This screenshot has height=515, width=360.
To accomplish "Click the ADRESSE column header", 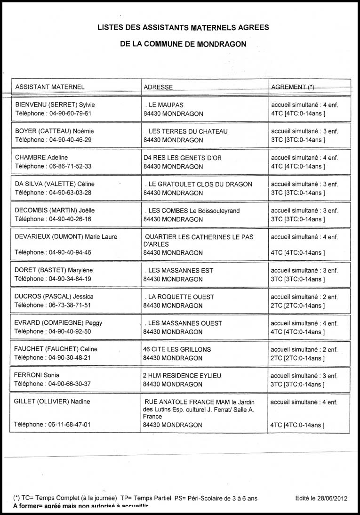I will pos(158,87).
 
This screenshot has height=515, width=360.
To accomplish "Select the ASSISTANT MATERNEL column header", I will pos(50,87).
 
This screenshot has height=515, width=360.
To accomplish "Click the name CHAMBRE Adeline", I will pos(41,158).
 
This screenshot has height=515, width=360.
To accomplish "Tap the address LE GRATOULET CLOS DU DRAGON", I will pos(200,184).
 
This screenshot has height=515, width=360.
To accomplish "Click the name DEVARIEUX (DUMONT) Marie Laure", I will pos(66,237).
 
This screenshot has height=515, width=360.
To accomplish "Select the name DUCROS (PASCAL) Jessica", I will pos(54,297).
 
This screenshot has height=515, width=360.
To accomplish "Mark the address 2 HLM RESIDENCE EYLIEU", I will pos(182,376).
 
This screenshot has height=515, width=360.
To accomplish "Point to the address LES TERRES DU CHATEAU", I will pos(188,131).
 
